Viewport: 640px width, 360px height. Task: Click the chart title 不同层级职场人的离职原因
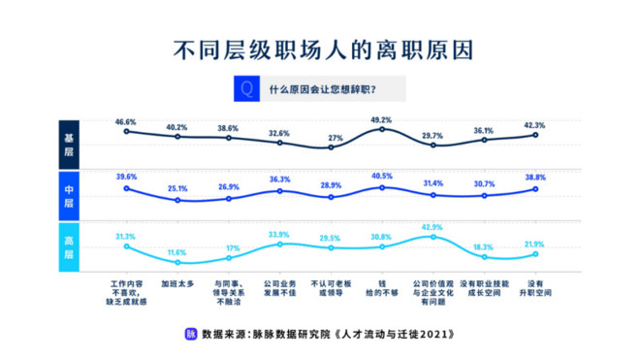[x=320, y=47]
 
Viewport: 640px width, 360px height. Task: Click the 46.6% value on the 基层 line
[x=126, y=122]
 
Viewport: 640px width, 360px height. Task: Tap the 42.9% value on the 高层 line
[x=433, y=227]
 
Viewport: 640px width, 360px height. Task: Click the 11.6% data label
[x=176, y=252]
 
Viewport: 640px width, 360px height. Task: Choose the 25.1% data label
[x=176, y=189]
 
